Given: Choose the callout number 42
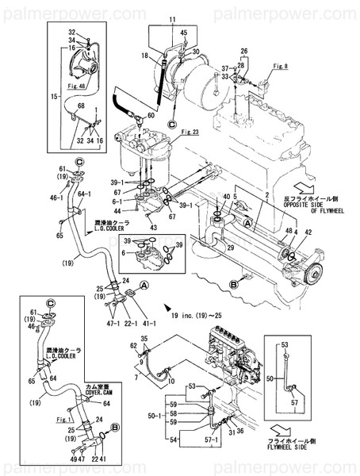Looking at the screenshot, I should [x=308, y=232].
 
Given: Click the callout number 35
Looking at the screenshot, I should [x=144, y=338].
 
